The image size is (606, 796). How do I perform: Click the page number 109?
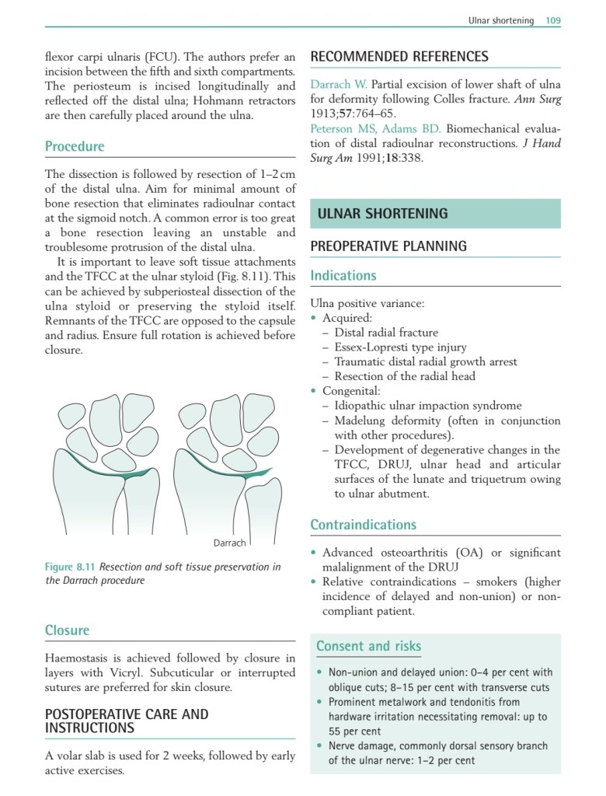click(x=552, y=20)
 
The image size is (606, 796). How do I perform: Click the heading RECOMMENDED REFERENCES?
click(x=399, y=57)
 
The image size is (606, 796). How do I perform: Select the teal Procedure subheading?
click(x=75, y=146)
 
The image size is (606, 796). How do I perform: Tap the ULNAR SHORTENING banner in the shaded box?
click(x=383, y=213)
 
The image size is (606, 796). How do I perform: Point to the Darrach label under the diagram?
click(x=229, y=543)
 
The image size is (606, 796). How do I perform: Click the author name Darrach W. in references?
click(x=339, y=84)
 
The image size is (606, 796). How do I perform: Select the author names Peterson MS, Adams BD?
click(x=375, y=128)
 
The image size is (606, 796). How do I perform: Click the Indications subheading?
click(x=343, y=275)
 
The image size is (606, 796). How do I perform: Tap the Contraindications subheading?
click(x=363, y=525)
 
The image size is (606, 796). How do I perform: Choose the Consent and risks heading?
click(x=368, y=646)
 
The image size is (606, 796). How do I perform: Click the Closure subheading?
click(x=67, y=630)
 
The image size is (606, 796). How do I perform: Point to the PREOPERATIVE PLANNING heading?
click(x=388, y=246)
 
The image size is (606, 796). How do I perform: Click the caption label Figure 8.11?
click(x=70, y=567)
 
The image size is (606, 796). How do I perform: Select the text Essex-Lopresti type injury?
click(x=400, y=347)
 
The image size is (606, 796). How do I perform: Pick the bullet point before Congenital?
click(x=314, y=391)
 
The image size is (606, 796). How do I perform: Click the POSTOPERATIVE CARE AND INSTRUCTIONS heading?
click(x=127, y=721)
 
